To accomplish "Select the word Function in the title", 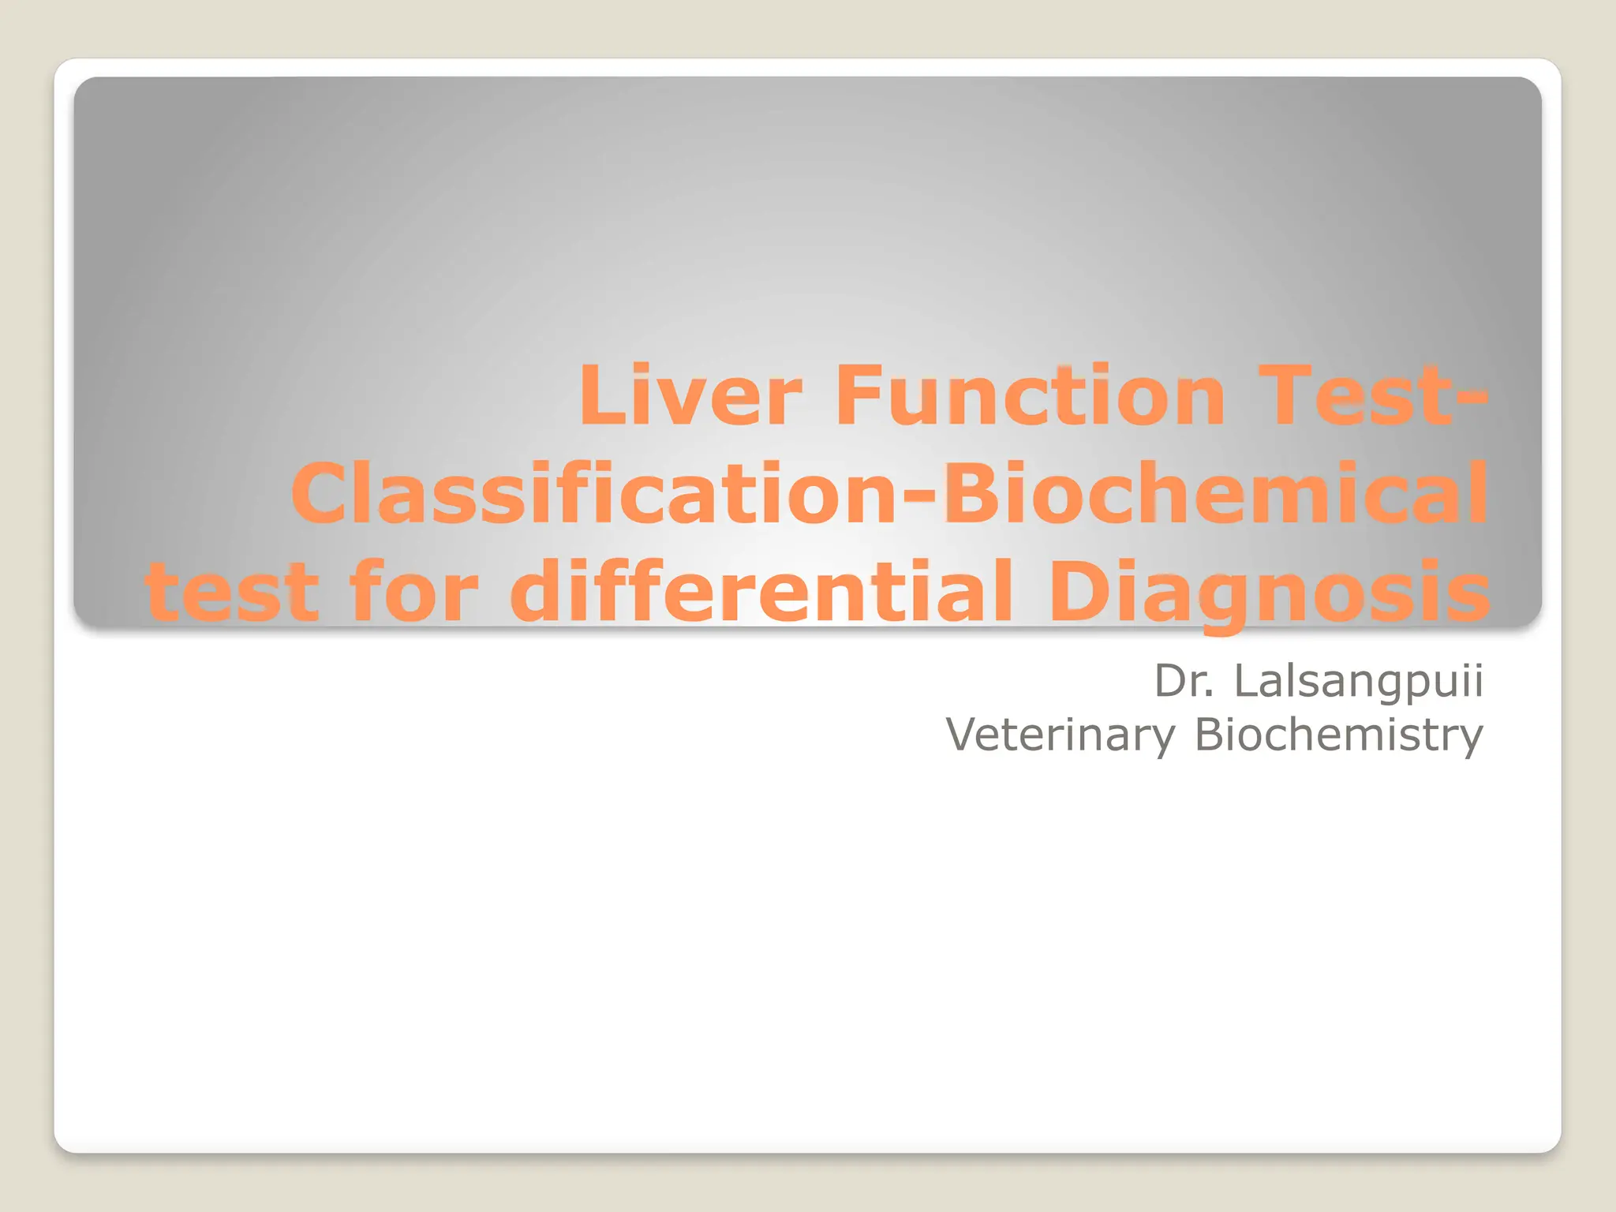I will click(1030, 396).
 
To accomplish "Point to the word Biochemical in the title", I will click(1215, 495).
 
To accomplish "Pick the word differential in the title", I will click(761, 592).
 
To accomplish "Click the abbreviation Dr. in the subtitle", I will click(1184, 681).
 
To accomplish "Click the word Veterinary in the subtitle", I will click(1060, 735).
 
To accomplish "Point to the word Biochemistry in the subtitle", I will click(1338, 735).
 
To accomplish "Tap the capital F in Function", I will click(856, 396).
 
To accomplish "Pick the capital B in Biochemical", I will click(971, 495).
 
